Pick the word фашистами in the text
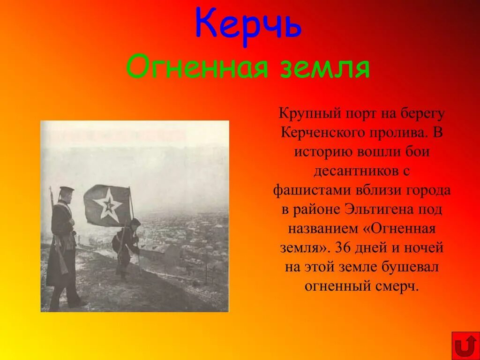(309, 190)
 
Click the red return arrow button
(465, 346)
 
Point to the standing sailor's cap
(66, 189)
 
